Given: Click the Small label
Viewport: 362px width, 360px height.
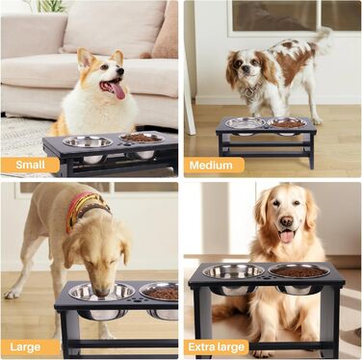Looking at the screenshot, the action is tap(31, 165).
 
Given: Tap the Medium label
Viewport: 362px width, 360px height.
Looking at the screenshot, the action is tap(211, 166).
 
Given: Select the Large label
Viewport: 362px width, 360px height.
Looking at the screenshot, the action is tap(25, 347).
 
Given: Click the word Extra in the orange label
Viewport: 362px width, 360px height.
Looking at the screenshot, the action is tap(201, 347).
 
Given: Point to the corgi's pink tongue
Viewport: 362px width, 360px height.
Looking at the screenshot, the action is tap(117, 90).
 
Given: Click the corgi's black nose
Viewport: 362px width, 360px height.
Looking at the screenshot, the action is tap(120, 71).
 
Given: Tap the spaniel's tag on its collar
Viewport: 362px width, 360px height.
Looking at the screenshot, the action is tap(249, 93).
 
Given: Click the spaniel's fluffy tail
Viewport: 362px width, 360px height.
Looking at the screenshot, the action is tap(322, 41).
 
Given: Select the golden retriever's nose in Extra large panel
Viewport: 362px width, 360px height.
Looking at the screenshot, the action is tap(287, 220).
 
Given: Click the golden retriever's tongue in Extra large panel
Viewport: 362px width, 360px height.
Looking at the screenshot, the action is tap(287, 237).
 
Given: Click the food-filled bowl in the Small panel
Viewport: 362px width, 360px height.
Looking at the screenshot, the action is tap(142, 138).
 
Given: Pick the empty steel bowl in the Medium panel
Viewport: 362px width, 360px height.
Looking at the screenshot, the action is tap(246, 123).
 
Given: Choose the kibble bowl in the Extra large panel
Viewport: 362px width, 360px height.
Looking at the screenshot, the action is tap(299, 271).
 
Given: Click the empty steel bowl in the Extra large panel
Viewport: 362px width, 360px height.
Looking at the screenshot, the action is tap(233, 271).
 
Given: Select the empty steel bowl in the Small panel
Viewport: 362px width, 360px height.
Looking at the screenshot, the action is tap(88, 141).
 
